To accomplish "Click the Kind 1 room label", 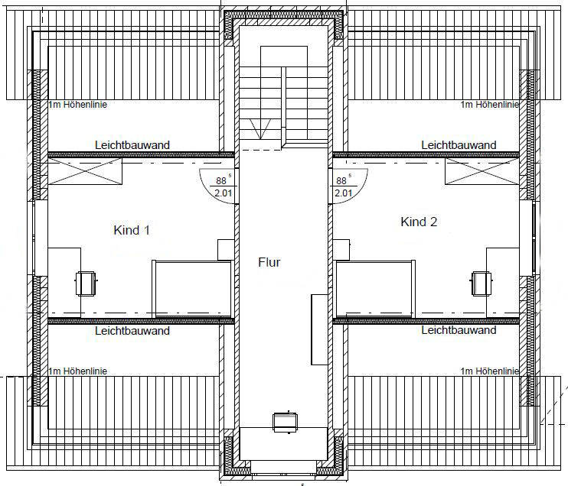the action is (132, 230).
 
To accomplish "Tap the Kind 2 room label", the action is (419, 222).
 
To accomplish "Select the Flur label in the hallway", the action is (269, 262).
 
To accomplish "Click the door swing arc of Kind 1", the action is (207, 192).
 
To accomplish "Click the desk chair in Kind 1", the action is (86, 283).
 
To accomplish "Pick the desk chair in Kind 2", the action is (481, 283).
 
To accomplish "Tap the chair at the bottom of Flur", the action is (285, 422).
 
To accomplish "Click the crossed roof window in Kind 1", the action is (85, 171).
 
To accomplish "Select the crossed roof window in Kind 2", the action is (482, 171).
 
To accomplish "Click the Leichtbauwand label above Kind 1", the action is (132, 145).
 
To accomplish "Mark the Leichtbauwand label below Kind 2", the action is (459, 330).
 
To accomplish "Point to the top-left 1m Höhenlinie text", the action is (78, 105).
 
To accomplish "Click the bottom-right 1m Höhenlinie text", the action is (490, 371).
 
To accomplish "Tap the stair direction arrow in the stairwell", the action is (261, 129).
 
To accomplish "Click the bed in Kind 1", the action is (192, 289).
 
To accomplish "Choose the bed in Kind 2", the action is (375, 289).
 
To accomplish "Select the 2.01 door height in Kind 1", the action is (224, 193).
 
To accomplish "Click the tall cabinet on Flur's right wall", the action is (319, 329).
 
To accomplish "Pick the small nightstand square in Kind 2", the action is (341, 250).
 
